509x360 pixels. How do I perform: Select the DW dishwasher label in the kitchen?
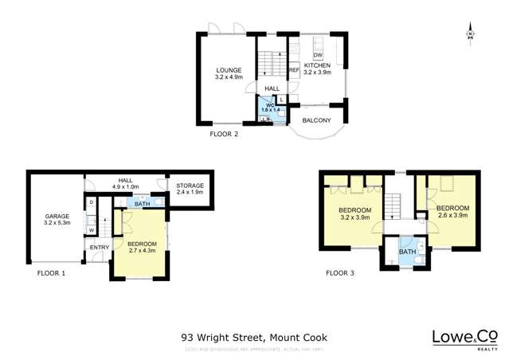point(317,54)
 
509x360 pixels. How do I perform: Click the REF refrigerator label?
point(293,71)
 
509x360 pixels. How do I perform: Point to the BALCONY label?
point(316,119)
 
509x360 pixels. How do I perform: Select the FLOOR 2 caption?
point(224,135)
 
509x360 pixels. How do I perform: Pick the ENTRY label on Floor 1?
point(100,248)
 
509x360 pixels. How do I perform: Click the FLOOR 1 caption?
point(51,273)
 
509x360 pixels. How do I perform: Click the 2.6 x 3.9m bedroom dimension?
point(452,215)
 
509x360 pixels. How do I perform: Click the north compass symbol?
point(471,34)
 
